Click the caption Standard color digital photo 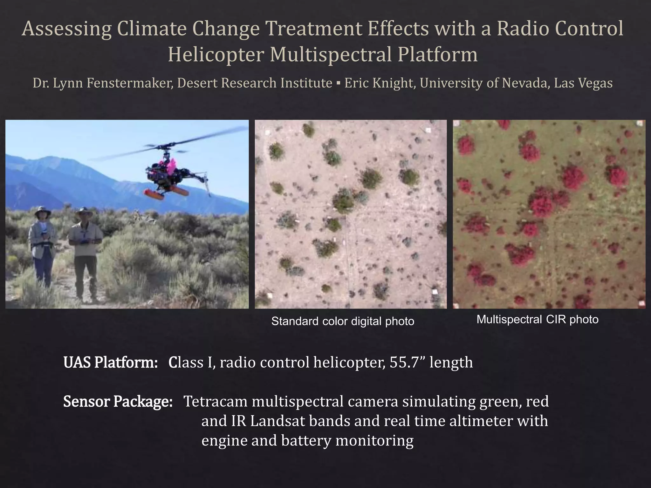click(343, 321)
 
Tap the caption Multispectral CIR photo click(537, 319)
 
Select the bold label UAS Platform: click(111, 362)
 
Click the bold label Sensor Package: click(118, 401)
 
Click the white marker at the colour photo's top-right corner click(428, 130)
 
